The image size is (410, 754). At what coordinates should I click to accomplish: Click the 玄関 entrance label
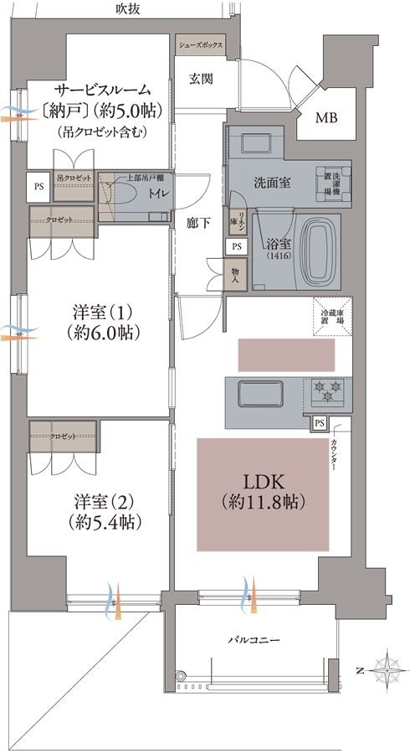(x=200, y=79)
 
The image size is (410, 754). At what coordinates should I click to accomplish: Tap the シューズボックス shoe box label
(x=199, y=46)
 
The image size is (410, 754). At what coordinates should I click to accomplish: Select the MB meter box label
(x=325, y=118)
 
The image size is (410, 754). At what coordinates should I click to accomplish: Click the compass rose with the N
(x=386, y=669)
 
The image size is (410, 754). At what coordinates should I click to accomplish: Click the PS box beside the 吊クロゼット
(x=38, y=186)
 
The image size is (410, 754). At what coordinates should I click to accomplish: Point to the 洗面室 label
(x=272, y=182)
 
